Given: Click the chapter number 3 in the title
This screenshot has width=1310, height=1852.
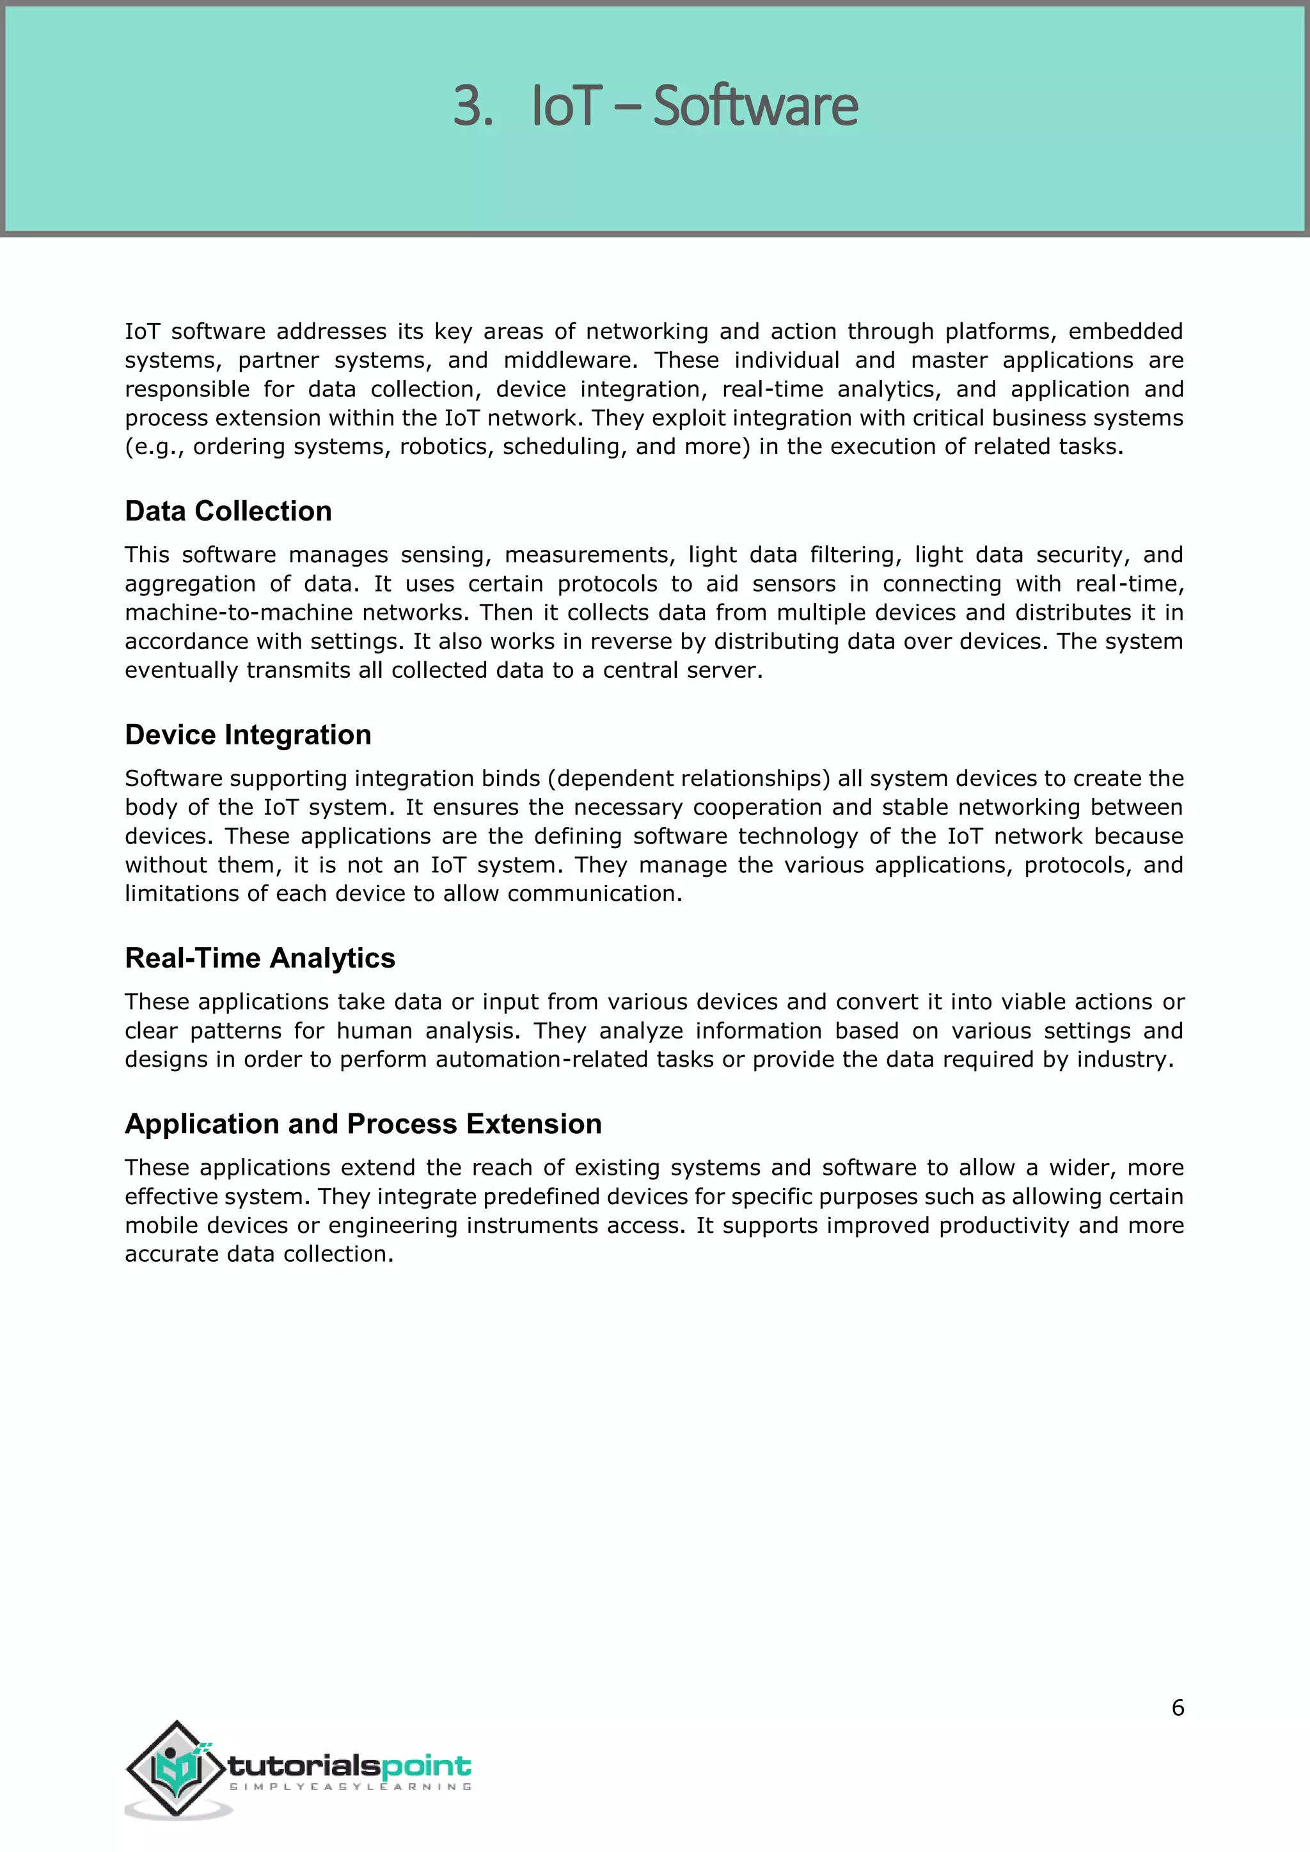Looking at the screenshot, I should (x=471, y=106).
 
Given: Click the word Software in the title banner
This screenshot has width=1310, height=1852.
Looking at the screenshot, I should (x=755, y=106).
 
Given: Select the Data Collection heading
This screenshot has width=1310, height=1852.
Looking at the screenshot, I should (x=228, y=512).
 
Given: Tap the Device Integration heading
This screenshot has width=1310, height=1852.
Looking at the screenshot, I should (x=248, y=735).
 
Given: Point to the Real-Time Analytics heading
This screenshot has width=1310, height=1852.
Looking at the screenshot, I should (x=260, y=958).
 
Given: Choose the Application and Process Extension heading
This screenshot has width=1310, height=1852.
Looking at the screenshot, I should (x=363, y=1124).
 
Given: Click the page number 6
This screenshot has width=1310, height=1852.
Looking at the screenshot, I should (x=1178, y=1707).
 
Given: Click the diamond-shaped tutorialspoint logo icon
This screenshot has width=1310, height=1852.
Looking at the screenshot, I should (x=176, y=1769).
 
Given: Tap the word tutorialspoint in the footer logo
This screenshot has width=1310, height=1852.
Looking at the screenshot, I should (x=349, y=1766).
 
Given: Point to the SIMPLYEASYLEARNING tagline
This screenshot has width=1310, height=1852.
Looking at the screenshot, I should (x=350, y=1787).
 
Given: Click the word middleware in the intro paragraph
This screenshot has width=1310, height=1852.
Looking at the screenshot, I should (x=568, y=361).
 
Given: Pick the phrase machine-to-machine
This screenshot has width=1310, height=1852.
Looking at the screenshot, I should (x=239, y=613).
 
